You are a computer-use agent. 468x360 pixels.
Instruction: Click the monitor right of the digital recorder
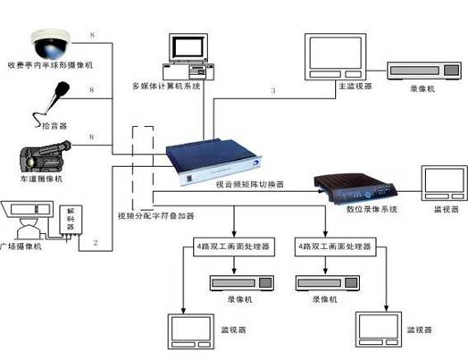coord(441,182)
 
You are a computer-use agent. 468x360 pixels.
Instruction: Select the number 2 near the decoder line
coord(108,242)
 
